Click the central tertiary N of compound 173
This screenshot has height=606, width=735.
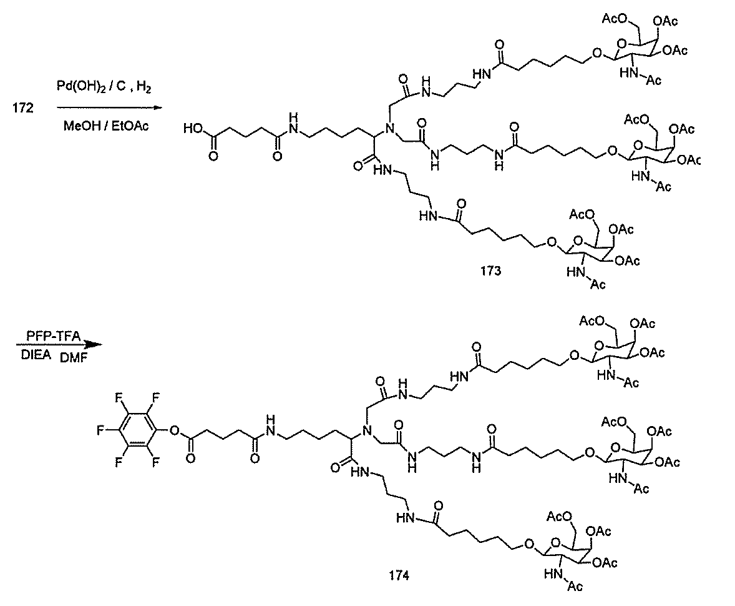(x=385, y=130)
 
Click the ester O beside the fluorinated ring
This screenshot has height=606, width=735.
(x=174, y=430)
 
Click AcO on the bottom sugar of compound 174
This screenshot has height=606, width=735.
(x=559, y=517)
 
